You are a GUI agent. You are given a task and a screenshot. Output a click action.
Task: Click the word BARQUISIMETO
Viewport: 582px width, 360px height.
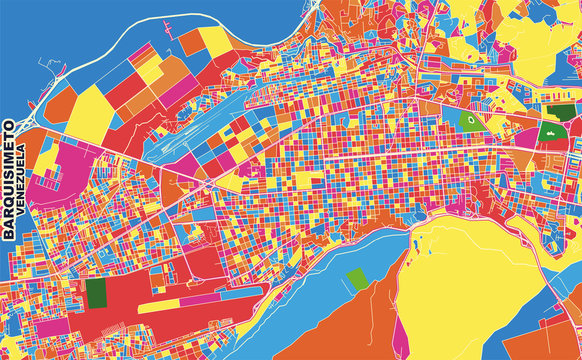tap(10, 181)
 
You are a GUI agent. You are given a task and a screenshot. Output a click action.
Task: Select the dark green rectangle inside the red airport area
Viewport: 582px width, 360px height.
tap(96, 293)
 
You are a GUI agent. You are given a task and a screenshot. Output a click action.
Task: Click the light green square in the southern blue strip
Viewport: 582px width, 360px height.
tap(357, 279)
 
